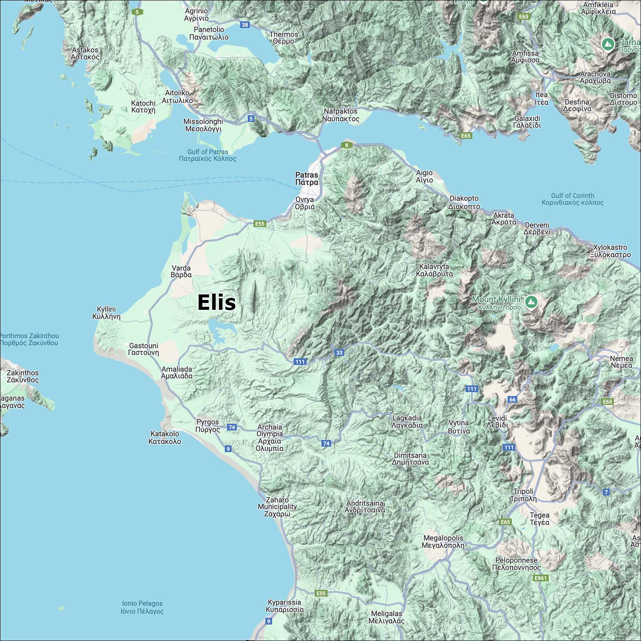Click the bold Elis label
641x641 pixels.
[216, 303]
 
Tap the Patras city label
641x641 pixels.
[307, 179]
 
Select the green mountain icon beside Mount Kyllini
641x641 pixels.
[531, 302]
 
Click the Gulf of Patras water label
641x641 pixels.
[208, 155]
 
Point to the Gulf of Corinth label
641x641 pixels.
[572, 199]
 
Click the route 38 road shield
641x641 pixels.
[245, 25]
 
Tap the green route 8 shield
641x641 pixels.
[347, 145]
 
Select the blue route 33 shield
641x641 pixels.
[339, 353]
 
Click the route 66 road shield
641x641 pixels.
[512, 400]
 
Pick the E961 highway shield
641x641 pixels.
[541, 578]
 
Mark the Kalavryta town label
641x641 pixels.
[434, 270]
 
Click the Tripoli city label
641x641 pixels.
[523, 495]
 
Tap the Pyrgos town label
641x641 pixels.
[208, 426]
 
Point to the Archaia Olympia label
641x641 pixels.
[270, 438]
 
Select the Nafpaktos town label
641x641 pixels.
[341, 115]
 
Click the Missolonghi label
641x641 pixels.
[203, 125]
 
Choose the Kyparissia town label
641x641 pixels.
[285, 606]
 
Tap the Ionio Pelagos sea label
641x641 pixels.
[142, 607]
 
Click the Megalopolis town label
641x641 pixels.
[443, 541]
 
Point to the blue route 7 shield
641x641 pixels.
[606, 492]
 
